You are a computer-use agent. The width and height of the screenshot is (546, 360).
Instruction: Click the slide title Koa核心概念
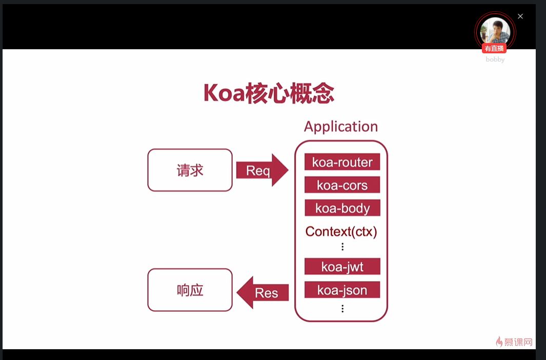point(269,93)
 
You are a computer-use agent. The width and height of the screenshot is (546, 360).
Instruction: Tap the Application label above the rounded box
point(340,127)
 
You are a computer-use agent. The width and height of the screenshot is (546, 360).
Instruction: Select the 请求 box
point(190,170)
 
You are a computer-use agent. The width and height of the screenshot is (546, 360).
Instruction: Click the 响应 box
point(190,290)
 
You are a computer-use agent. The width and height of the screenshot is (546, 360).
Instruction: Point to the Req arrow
point(261,170)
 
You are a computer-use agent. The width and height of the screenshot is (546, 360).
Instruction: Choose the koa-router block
point(342,162)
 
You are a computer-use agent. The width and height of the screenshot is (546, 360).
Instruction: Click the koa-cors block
point(342,185)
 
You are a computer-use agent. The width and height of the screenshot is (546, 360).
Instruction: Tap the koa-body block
point(342,208)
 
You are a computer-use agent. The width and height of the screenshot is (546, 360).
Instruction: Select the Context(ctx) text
point(341,231)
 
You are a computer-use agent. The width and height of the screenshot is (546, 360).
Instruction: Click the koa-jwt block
point(342,267)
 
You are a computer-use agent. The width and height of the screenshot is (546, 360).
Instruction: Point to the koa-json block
point(342,290)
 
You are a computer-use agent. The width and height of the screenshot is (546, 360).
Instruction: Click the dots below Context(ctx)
point(342,247)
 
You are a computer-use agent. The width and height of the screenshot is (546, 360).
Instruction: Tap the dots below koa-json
point(342,308)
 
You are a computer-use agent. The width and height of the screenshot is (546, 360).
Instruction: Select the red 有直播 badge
point(494,48)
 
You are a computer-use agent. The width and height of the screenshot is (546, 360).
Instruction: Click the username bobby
point(495,59)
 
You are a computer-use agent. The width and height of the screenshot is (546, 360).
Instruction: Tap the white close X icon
point(520,16)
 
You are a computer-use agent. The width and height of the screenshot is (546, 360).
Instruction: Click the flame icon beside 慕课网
point(499,342)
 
